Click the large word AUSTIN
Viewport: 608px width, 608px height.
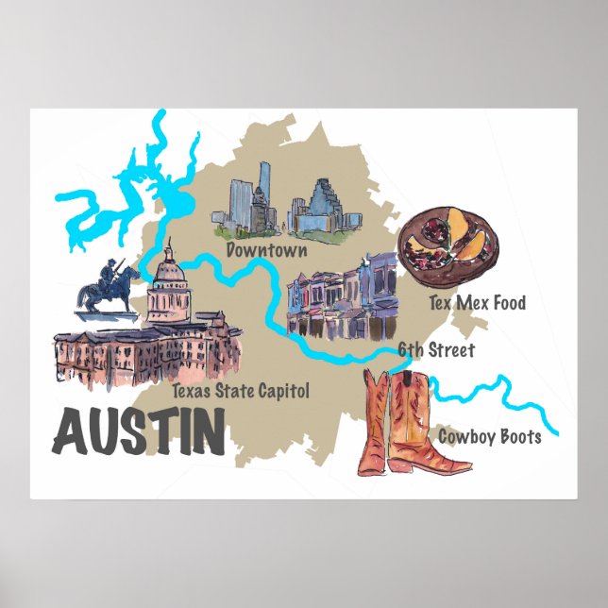(x=139, y=431)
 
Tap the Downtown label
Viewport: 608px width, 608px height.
(x=267, y=250)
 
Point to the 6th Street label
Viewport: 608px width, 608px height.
(x=435, y=350)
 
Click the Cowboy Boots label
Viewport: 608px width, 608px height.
(x=489, y=436)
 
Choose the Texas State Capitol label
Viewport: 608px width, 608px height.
(x=241, y=389)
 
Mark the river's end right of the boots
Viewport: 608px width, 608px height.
(x=556, y=433)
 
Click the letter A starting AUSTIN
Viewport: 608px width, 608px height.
(x=70, y=432)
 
